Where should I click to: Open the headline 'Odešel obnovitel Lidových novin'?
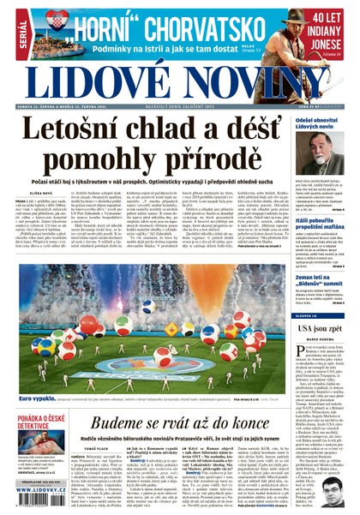pos(325,125)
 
